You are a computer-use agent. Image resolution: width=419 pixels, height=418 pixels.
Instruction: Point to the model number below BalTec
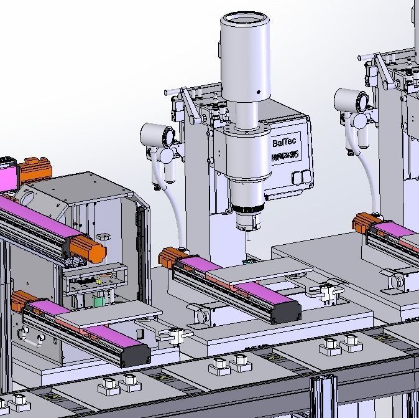285,156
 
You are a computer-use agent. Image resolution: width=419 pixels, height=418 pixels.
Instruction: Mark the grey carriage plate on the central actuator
257,274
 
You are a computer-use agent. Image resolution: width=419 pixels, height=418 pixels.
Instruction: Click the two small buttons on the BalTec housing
303,175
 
